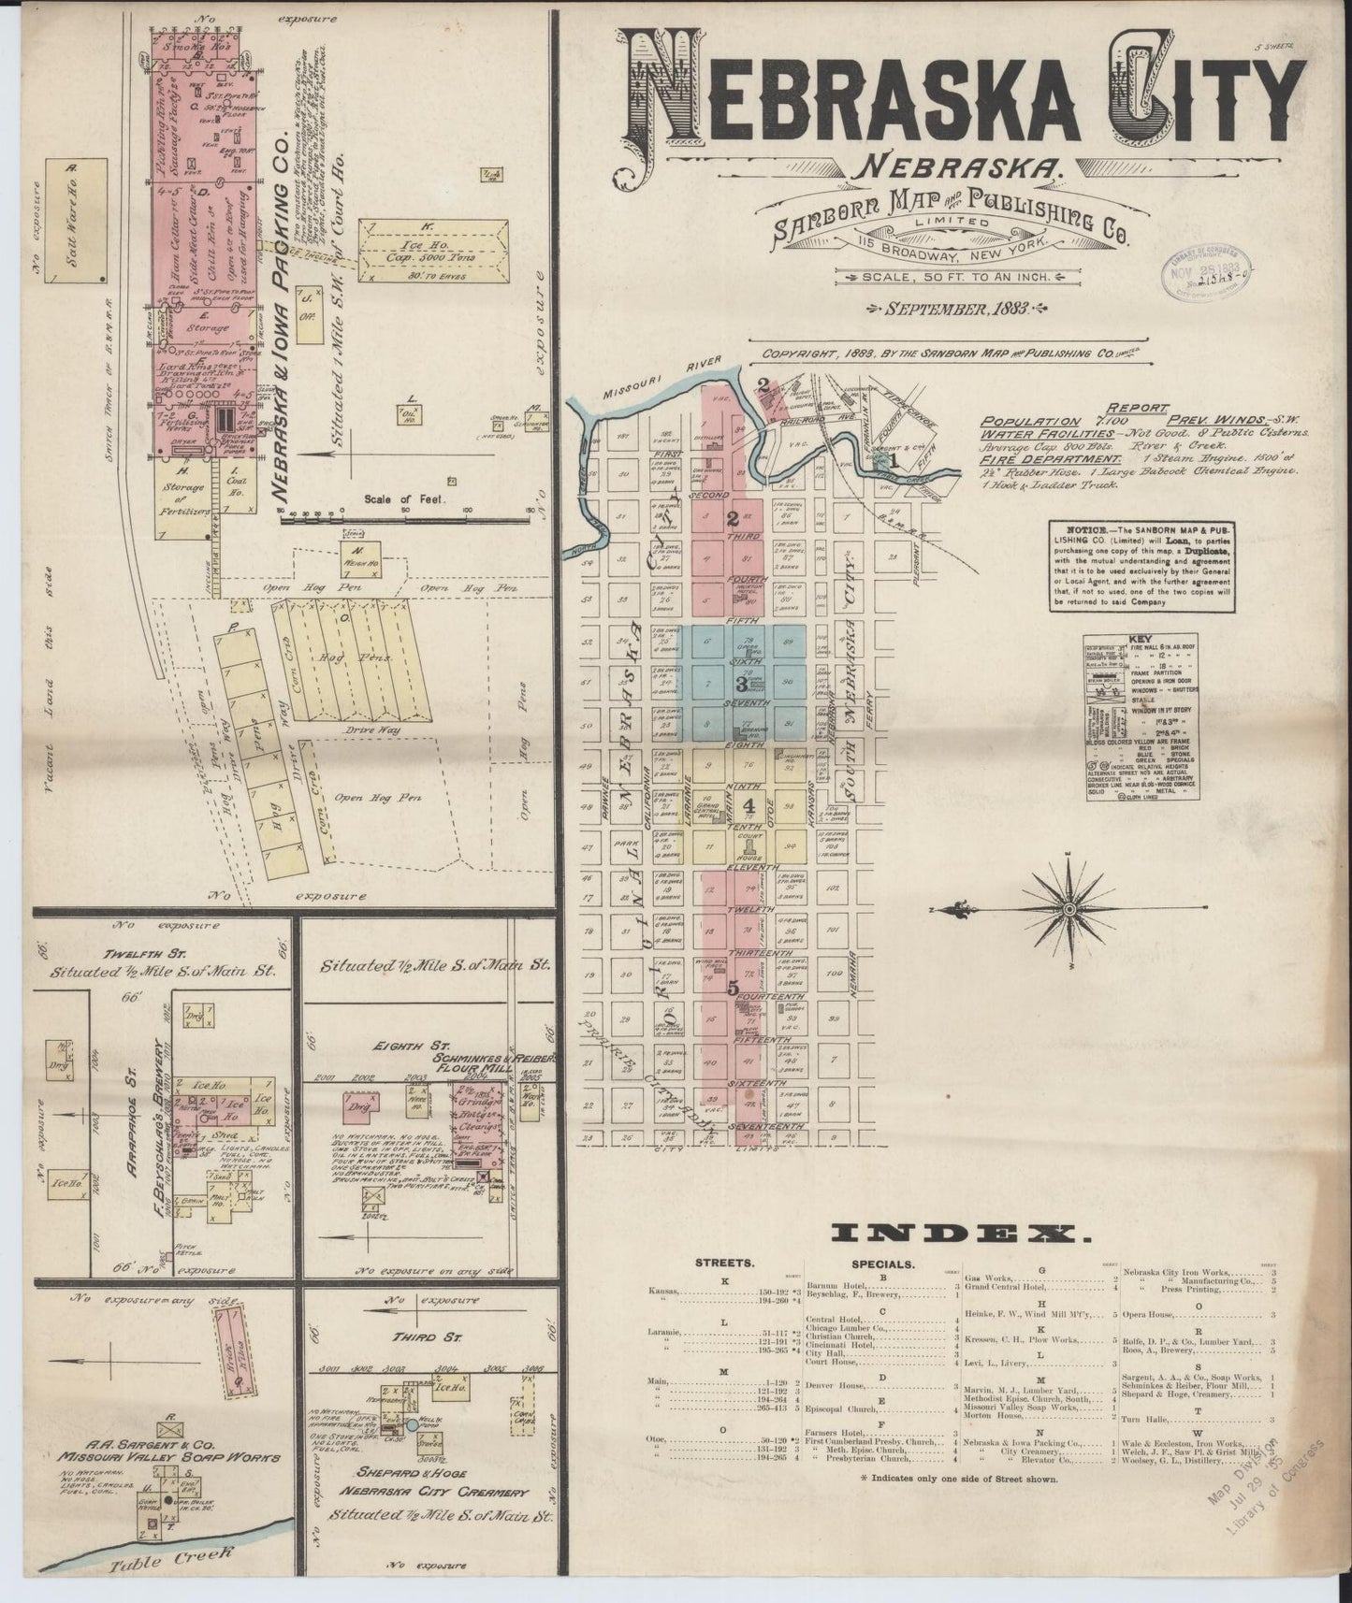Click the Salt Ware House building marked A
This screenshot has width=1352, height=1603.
[70, 224]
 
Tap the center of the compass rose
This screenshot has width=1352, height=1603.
[1069, 908]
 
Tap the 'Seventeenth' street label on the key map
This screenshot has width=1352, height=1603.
[768, 1127]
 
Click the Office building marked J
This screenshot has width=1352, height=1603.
[306, 306]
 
